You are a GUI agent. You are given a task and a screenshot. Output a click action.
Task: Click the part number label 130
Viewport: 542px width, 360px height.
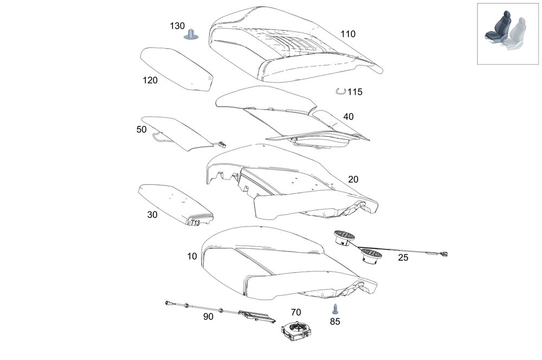click(x=177, y=26)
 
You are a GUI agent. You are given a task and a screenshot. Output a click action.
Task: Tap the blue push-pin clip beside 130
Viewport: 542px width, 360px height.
click(x=190, y=35)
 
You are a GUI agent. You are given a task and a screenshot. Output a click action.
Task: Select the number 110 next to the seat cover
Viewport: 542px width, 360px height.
click(x=348, y=34)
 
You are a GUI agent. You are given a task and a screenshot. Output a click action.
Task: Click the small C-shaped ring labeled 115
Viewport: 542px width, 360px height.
click(x=340, y=92)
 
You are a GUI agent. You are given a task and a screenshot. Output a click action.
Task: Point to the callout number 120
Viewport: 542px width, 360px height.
click(x=150, y=81)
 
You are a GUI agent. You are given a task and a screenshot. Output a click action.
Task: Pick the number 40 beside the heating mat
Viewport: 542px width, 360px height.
click(x=349, y=117)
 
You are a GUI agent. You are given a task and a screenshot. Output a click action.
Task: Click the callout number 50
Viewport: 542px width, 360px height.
click(x=141, y=130)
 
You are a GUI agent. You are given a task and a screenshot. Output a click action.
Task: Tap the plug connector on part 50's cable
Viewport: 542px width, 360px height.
click(x=222, y=145)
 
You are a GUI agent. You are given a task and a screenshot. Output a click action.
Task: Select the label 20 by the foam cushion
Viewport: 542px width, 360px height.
click(x=353, y=179)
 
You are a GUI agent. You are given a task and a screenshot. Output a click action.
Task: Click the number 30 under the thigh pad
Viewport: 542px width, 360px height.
click(x=152, y=215)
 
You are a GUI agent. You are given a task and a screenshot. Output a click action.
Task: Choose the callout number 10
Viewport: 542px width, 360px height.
click(x=192, y=256)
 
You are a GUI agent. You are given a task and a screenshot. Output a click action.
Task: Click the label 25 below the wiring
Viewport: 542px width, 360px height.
click(x=403, y=258)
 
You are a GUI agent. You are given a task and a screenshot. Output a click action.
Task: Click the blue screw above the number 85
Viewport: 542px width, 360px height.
click(x=334, y=309)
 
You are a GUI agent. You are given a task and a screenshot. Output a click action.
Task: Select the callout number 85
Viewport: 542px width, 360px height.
click(x=335, y=321)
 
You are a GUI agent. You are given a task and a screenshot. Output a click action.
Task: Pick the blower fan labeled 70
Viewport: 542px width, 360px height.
click(x=296, y=330)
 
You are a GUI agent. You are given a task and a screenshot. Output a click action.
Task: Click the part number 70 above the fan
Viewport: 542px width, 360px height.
click(x=296, y=312)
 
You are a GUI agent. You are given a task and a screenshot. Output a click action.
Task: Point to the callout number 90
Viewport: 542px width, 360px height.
click(x=208, y=317)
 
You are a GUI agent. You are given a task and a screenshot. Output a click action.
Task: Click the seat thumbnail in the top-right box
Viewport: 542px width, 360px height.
click(x=507, y=34)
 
